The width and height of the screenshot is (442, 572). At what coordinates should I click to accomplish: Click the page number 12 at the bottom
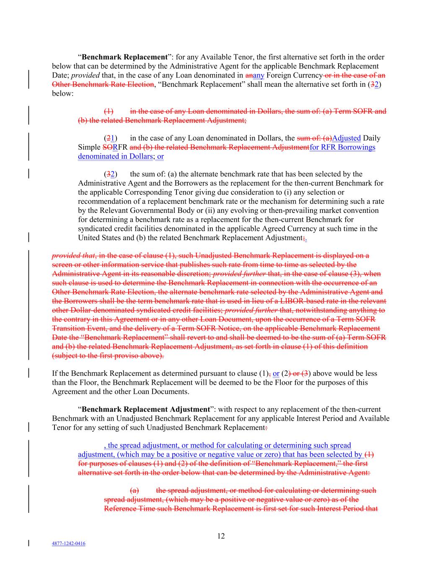[221, 536]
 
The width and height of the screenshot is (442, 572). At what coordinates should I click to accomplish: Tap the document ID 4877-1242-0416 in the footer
[68, 544]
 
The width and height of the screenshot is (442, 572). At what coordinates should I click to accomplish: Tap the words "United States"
[99, 238]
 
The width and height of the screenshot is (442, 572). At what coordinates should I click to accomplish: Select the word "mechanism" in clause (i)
[292, 201]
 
